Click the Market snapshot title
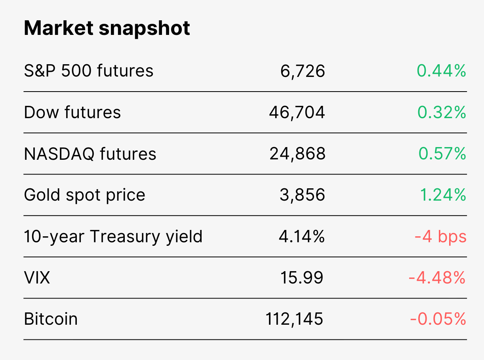pos(107,29)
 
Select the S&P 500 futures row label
pos(89,71)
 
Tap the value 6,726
pos(303,71)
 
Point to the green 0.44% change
pos(442,71)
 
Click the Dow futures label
pos(72,112)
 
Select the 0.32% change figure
pos(442,112)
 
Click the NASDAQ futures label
pos(90,154)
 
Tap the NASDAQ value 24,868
pos(297,154)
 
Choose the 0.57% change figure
pos(442,153)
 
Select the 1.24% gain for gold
pos(443,195)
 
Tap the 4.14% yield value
pos(302,236)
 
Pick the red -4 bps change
pos(440,236)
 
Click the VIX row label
pos(37,278)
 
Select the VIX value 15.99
pos(301,278)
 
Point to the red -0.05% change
pos(438,319)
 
